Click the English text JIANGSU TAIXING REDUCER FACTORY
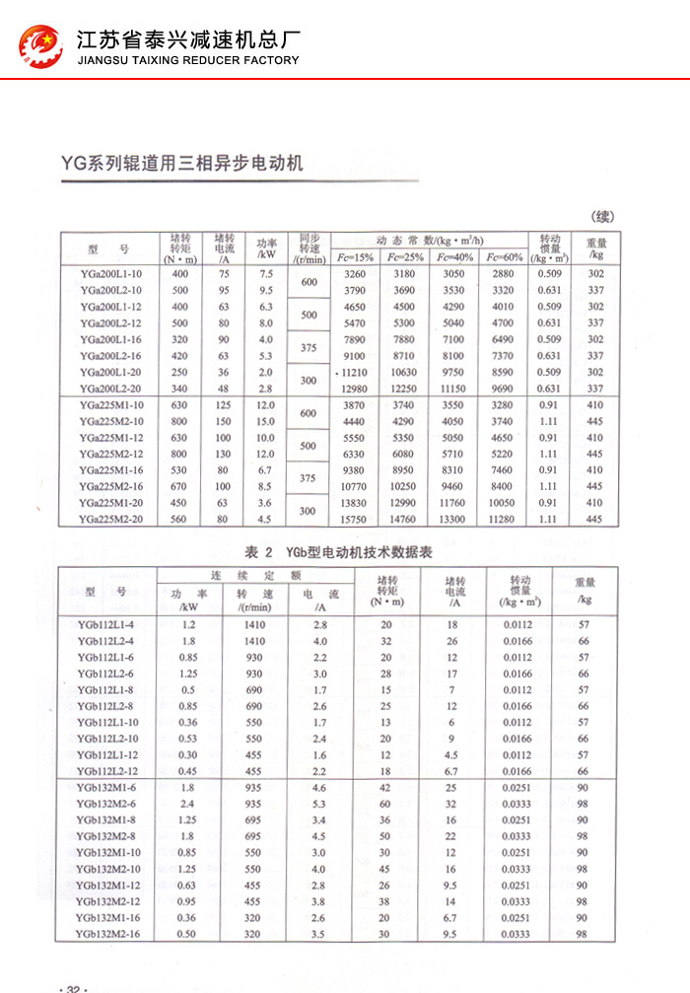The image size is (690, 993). tap(187, 60)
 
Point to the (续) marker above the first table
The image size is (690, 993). tap(601, 217)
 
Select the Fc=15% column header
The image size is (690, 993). tap(356, 257)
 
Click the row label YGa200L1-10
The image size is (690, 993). tap(111, 273)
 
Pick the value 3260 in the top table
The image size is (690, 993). tap(356, 273)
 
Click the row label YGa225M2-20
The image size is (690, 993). tap(111, 520)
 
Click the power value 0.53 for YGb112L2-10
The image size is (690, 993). tap(188, 739)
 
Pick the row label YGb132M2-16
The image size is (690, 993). tap(109, 934)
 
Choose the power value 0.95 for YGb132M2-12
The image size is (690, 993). tap(188, 901)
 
